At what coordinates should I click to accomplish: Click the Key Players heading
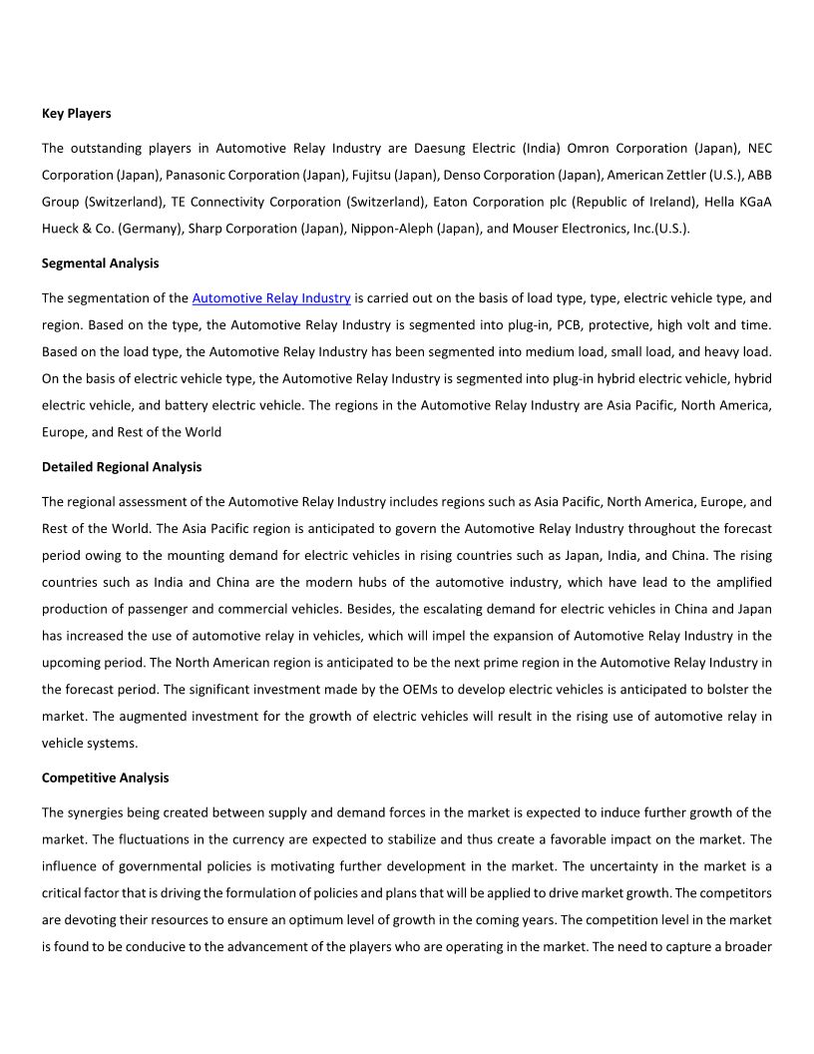click(76, 114)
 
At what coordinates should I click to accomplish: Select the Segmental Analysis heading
click(100, 263)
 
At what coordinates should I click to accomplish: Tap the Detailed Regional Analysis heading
click(122, 467)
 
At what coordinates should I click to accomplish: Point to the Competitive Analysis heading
click(105, 778)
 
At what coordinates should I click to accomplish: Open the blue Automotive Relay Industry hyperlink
click(271, 297)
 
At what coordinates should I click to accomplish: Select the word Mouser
click(538, 229)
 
